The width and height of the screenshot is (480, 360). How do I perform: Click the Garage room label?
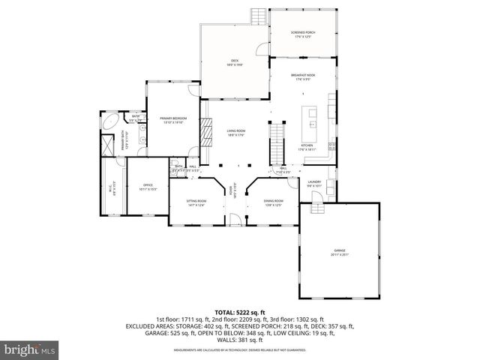(x=340, y=251)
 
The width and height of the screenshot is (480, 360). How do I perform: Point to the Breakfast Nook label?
(x=302, y=77)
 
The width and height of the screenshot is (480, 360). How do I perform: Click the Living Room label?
(x=236, y=133)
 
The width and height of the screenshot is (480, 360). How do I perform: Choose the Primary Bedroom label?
(x=173, y=120)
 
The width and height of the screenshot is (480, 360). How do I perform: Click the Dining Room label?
(x=273, y=202)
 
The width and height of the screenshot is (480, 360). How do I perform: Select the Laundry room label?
(x=314, y=184)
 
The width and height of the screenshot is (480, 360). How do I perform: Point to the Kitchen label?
(x=307, y=148)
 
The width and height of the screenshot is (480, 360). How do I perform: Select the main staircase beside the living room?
(x=277, y=142)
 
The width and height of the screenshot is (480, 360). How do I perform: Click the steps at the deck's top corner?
(x=259, y=14)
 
